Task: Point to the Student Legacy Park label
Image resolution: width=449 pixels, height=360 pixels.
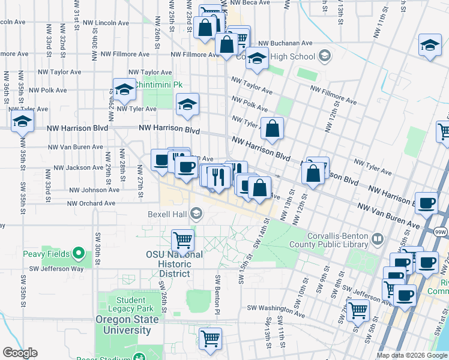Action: coord(127,304)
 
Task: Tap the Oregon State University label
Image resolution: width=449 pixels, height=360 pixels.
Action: coord(127,324)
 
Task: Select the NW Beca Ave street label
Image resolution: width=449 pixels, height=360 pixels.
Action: coord(253,3)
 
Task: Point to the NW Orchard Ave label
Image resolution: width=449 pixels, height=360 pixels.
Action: coord(91,203)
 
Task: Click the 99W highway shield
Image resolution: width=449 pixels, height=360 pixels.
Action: coord(440,231)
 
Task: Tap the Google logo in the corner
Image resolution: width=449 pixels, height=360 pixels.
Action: coord(20,353)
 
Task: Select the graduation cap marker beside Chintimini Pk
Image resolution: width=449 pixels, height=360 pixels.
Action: coord(124,90)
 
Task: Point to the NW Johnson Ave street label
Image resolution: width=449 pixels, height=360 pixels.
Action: coord(94,190)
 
